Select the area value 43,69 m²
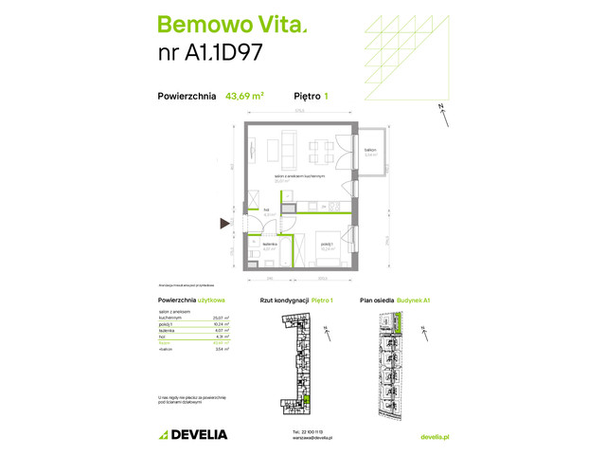pyautogui.click(x=244, y=96)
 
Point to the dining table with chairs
pyautogui.click(x=319, y=150)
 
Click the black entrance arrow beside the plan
pyautogui.click(x=225, y=224)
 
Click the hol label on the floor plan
pyautogui.click(x=267, y=211)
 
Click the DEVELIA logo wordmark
pyautogui.click(x=200, y=434)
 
